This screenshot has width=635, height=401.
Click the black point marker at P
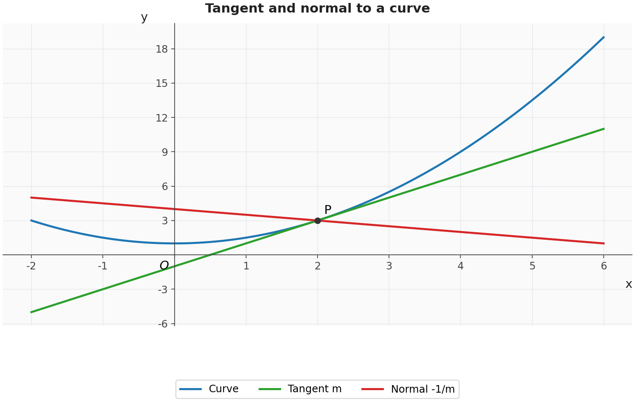[x=317, y=221]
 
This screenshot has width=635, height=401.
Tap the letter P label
[x=328, y=210]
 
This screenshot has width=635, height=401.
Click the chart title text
[x=317, y=8]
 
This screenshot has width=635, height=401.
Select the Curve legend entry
[x=209, y=389]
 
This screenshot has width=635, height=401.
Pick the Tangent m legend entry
[x=300, y=389]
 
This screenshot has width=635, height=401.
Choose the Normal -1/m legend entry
[x=408, y=389]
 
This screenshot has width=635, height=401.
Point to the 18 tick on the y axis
[x=162, y=49]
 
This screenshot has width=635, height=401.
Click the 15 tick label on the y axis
[x=162, y=84]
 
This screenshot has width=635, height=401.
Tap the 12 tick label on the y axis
[x=162, y=118]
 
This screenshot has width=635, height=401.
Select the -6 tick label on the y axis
[x=163, y=324]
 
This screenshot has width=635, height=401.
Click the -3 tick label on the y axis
[x=163, y=289]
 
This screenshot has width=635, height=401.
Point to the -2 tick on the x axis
[x=31, y=266]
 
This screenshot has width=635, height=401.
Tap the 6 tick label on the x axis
[x=604, y=266]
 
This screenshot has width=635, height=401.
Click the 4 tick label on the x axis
[x=461, y=266]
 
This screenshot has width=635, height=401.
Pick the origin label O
[x=164, y=266]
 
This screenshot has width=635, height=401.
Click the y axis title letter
[x=144, y=18]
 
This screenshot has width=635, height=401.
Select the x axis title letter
[x=629, y=284]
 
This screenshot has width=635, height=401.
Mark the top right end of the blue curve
[x=604, y=37]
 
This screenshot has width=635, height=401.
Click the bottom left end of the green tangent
[x=31, y=312]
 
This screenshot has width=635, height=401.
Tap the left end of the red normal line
[x=31, y=198]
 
